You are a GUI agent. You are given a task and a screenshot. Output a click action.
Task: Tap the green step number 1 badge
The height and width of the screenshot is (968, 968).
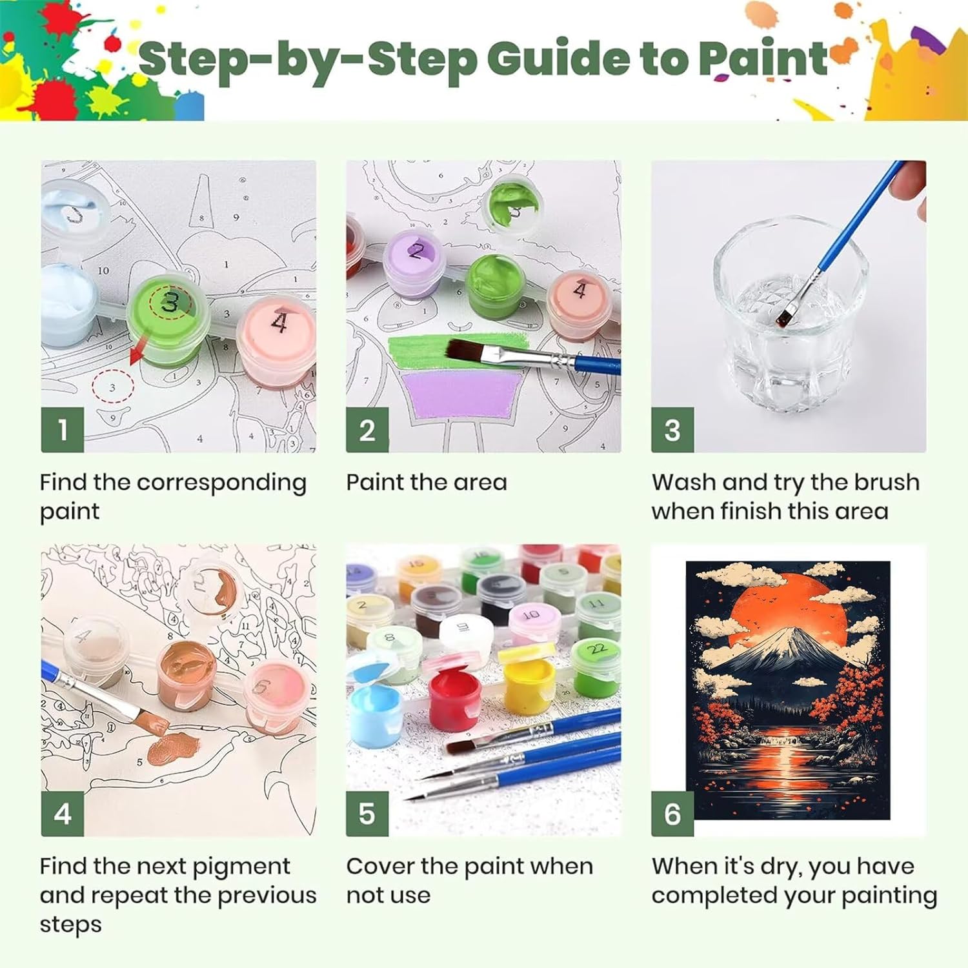(x=63, y=430)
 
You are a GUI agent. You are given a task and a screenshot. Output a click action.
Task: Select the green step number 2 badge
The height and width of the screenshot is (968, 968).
(x=367, y=430)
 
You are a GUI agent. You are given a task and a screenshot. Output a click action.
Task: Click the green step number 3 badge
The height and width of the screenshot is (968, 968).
(x=672, y=430)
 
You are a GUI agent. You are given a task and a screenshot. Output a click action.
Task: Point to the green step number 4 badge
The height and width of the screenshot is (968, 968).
(x=63, y=814)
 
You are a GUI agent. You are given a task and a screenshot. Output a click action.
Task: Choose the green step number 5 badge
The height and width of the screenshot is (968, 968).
(x=367, y=814)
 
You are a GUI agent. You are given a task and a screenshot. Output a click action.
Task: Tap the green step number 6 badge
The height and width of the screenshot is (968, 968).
(x=672, y=814)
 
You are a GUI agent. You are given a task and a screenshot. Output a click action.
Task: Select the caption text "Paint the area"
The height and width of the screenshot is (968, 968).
(x=427, y=482)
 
